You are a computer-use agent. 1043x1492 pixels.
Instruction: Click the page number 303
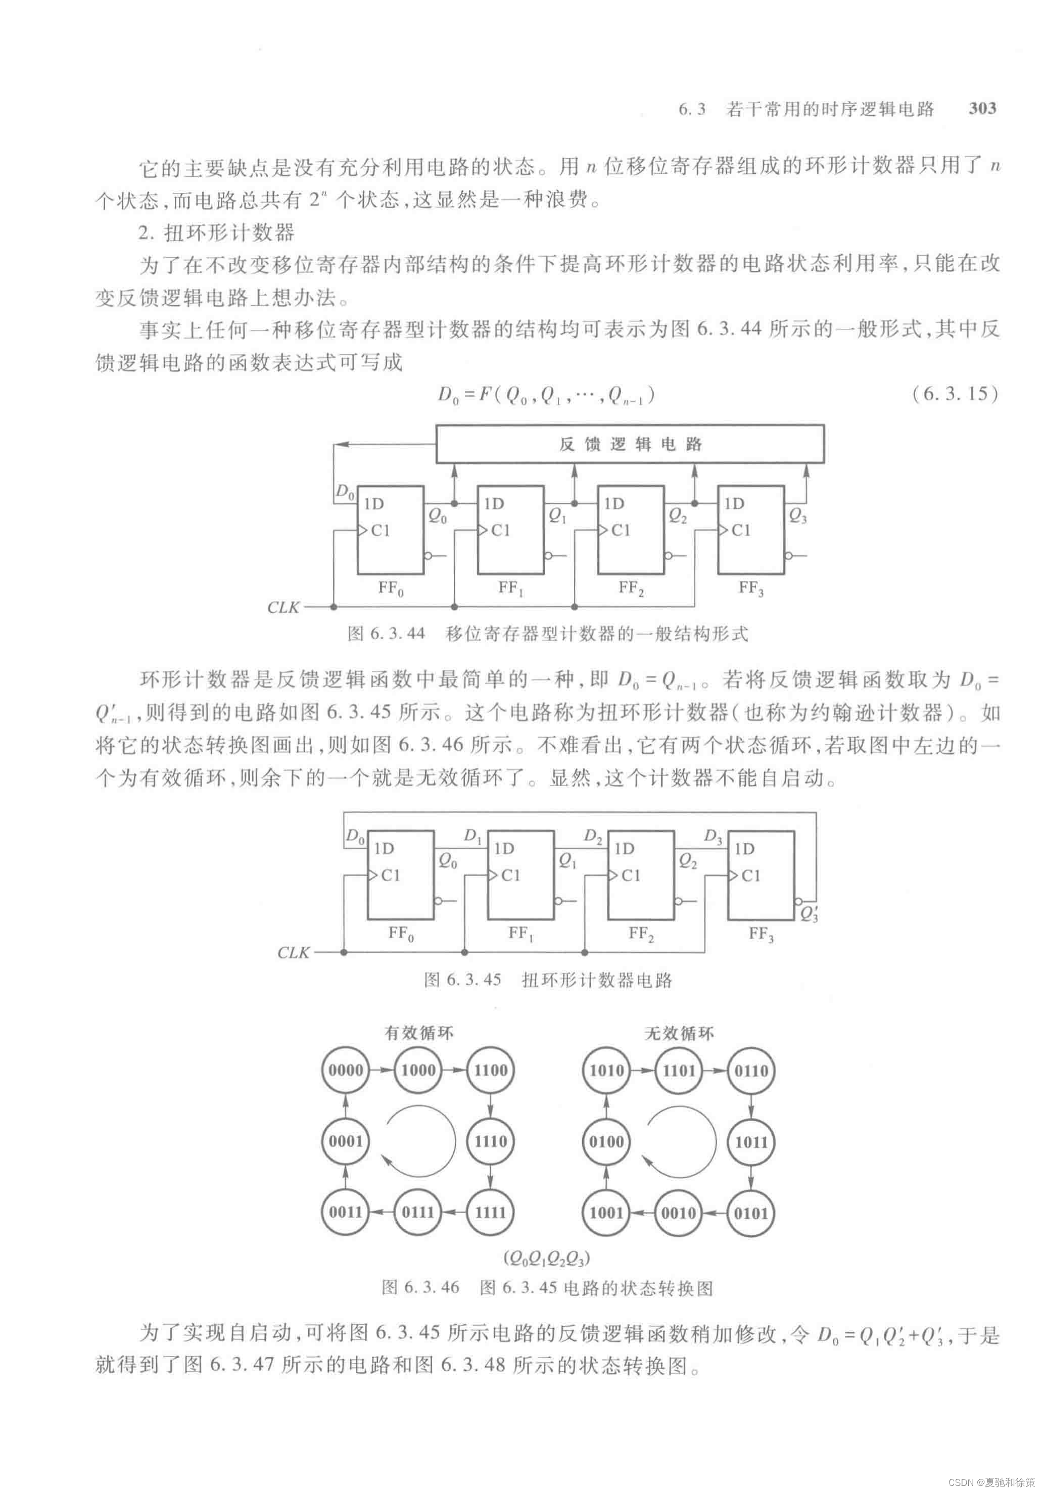point(981,109)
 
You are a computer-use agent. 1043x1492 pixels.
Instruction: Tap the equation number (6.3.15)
point(954,395)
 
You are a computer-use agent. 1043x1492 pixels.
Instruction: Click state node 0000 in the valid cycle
point(345,1070)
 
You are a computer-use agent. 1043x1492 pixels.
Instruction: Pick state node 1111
point(490,1212)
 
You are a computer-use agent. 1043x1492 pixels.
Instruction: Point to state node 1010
point(606,1070)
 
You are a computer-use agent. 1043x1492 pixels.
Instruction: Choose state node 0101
point(750,1213)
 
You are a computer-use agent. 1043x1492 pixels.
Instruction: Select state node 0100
point(606,1142)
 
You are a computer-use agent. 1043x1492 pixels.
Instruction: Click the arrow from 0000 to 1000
point(382,1070)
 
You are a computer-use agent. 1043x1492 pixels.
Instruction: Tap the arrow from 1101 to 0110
point(715,1070)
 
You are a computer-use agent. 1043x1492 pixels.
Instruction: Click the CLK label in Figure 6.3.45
point(293,952)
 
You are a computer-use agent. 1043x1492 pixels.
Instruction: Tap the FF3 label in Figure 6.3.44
point(750,588)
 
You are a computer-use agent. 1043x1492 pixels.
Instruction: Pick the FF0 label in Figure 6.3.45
point(400,934)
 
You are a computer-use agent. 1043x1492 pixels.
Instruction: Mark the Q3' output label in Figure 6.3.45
point(809,915)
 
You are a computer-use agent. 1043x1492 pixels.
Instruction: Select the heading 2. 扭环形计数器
point(217,232)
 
